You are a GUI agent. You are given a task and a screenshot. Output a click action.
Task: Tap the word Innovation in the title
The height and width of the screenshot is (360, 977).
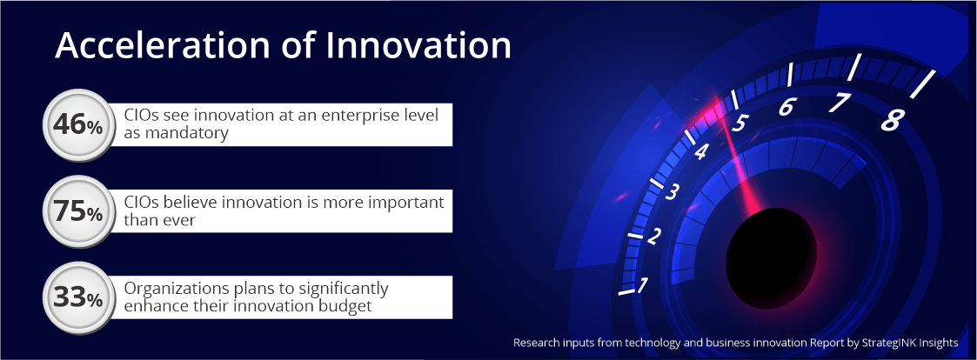pos(417,45)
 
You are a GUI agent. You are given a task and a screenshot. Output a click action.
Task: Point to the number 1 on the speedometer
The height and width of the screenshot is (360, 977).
pos(642,285)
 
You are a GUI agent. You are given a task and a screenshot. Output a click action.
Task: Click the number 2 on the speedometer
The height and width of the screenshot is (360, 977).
pos(653,237)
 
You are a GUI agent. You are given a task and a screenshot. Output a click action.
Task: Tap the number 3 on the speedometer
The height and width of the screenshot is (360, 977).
pos(671,192)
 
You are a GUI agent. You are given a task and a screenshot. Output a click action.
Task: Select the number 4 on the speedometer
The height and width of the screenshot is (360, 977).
pos(701,152)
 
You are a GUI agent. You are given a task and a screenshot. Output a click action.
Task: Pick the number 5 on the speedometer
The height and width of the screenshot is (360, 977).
pos(739,123)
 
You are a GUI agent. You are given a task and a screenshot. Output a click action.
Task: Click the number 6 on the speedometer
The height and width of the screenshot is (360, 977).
pos(786,107)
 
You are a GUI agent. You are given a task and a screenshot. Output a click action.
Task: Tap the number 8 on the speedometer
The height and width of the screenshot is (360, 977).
pos(890,120)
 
